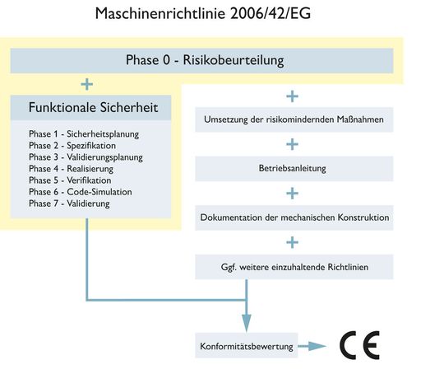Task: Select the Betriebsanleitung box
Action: (293, 170)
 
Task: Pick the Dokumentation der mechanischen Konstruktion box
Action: (293, 217)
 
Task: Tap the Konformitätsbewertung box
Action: (246, 347)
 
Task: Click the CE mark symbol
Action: (359, 346)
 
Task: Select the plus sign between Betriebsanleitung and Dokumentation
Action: (293, 194)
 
